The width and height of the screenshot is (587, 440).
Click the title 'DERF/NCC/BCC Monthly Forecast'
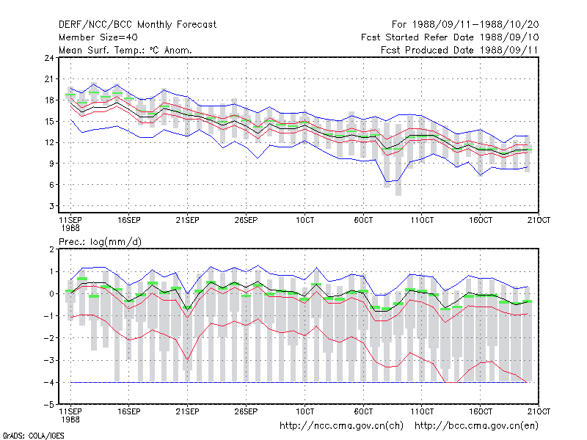coord(137,25)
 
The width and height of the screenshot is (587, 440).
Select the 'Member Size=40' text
coord(98,37)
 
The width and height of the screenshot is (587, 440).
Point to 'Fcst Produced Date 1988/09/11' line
coord(459,50)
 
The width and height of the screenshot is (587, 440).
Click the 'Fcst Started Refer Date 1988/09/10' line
coord(450,37)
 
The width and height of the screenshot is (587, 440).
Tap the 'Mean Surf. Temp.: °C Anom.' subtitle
coord(125,50)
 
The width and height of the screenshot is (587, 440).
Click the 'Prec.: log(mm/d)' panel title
coord(100,242)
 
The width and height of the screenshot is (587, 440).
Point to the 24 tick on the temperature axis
coord(49,58)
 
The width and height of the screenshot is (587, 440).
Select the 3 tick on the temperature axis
coord(51,206)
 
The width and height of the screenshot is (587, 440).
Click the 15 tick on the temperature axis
coord(49,121)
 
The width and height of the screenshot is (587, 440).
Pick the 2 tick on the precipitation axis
coord(51,249)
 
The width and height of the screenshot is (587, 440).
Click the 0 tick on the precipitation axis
coord(51,294)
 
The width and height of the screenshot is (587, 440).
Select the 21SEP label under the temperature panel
coord(188,220)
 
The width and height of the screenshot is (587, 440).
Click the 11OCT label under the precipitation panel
coord(422,411)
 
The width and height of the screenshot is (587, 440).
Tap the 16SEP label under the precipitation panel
coord(129,411)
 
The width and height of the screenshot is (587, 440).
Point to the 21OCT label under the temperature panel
coord(539,220)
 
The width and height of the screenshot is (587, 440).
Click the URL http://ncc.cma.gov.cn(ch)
coord(341,426)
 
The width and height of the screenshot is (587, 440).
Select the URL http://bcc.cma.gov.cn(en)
coord(476,426)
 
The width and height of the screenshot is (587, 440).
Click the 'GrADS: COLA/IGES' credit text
coord(33,436)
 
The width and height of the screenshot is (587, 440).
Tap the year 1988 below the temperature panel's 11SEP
coord(70,228)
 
